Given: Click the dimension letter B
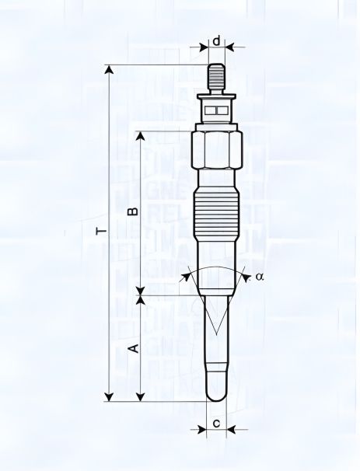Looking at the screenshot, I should click(x=133, y=211).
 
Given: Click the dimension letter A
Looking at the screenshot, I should click(x=133, y=347).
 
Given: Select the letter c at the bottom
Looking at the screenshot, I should click(x=216, y=424).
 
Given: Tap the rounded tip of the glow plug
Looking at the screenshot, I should click(x=217, y=392).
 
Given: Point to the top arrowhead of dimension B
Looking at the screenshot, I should click(x=140, y=135).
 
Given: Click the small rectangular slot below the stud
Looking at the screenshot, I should click(x=217, y=110).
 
